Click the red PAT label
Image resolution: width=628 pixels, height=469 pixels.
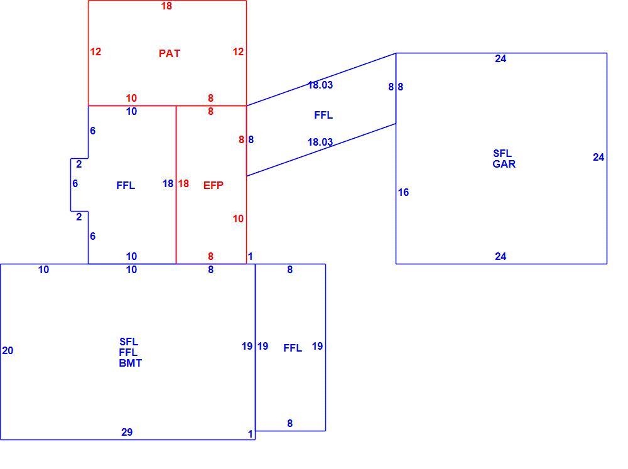pyautogui.click(x=170, y=53)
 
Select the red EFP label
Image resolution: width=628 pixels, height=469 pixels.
pyautogui.click(x=214, y=185)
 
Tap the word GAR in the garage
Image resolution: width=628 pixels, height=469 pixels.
pyautogui.click(x=504, y=164)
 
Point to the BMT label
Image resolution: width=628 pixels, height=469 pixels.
pyautogui.click(x=130, y=363)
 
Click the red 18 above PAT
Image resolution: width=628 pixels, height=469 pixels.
pyautogui.click(x=166, y=6)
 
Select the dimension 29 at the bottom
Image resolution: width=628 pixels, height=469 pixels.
pyautogui.click(x=127, y=432)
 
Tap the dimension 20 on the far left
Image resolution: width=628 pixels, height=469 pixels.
pyautogui.click(x=8, y=350)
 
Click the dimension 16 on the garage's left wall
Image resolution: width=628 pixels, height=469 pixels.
pyautogui.click(x=403, y=192)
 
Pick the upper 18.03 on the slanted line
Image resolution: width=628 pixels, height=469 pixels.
pyautogui.click(x=320, y=85)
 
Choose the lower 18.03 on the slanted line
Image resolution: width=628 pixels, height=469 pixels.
pyautogui.click(x=320, y=142)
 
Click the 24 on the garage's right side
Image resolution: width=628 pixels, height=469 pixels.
pyautogui.click(x=598, y=158)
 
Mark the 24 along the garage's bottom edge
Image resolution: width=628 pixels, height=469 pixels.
pyautogui.click(x=501, y=256)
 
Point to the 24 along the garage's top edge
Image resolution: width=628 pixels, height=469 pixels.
pyautogui.click(x=501, y=59)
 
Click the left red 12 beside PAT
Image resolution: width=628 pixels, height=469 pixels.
pyautogui.click(x=95, y=51)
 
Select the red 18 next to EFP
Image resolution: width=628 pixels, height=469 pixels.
pyautogui.click(x=183, y=183)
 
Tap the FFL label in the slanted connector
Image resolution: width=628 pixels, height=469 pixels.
pyautogui.click(x=323, y=116)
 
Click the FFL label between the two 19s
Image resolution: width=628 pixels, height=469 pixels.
pyautogui.click(x=293, y=348)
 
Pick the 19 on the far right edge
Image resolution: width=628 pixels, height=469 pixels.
pyautogui.click(x=317, y=346)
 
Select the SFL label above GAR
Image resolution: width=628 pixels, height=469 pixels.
pyautogui.click(x=502, y=153)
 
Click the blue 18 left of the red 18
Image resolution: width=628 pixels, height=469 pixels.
pyautogui.click(x=168, y=183)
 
